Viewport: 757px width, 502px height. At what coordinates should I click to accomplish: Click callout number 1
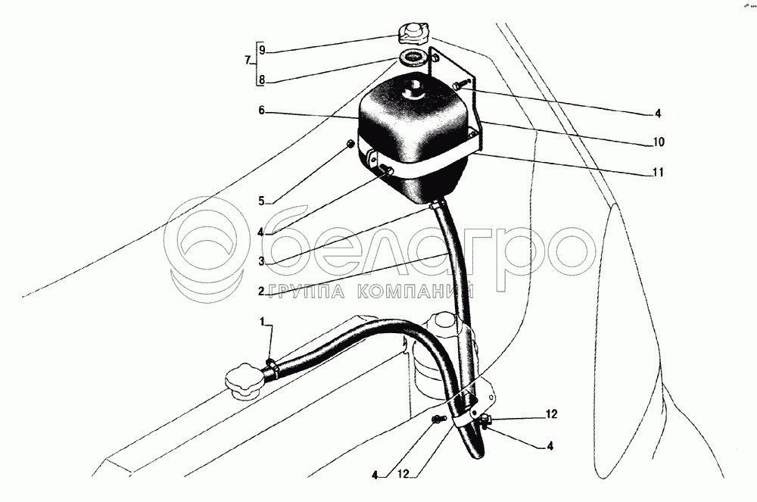click(263, 323)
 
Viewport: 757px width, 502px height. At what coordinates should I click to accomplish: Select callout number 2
click(260, 290)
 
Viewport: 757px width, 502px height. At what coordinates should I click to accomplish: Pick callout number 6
click(261, 111)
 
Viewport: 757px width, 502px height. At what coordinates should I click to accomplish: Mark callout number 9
click(261, 51)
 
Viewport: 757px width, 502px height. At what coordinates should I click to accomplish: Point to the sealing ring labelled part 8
click(412, 57)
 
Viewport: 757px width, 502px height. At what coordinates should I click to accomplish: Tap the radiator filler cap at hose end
click(243, 382)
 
